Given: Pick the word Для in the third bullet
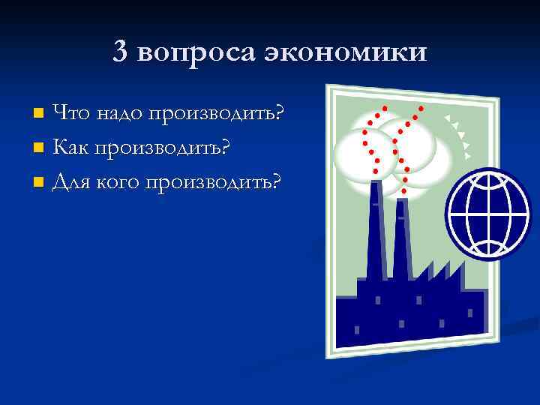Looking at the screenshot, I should click(71, 181).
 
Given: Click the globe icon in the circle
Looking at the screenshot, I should click(488, 213).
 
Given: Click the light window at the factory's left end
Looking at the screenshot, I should click(356, 330).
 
